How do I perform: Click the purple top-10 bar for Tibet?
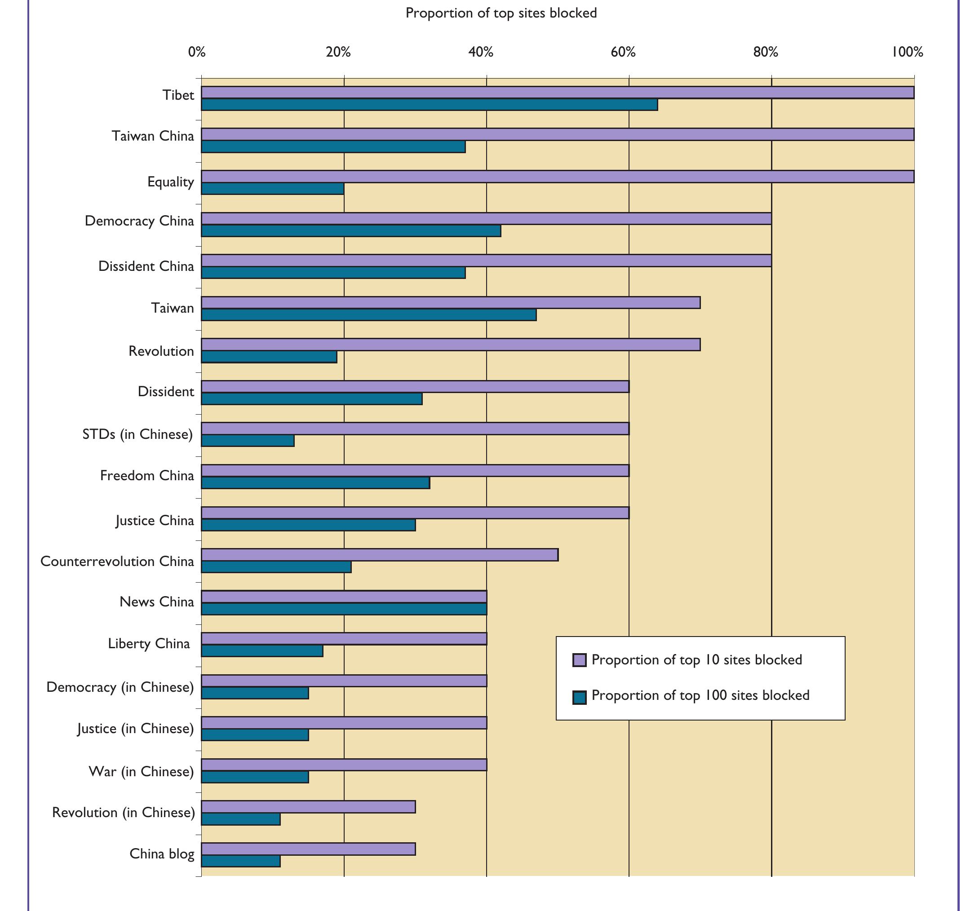click(557, 93)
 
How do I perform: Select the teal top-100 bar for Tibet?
click(429, 105)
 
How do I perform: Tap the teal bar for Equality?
click(273, 189)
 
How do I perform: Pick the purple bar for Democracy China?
click(486, 219)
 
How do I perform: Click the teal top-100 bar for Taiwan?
click(368, 315)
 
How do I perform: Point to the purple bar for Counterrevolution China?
click(380, 555)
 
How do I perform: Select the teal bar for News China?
click(344, 609)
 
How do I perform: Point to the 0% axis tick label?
click(197, 52)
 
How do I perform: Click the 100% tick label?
click(907, 52)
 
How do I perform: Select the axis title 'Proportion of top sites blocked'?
click(501, 13)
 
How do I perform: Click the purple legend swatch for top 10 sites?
click(579, 660)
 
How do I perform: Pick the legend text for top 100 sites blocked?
click(700, 695)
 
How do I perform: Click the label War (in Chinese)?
click(141, 772)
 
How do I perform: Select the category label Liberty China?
click(149, 644)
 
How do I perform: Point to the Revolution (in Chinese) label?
click(124, 812)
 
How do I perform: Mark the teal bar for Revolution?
click(269, 357)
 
